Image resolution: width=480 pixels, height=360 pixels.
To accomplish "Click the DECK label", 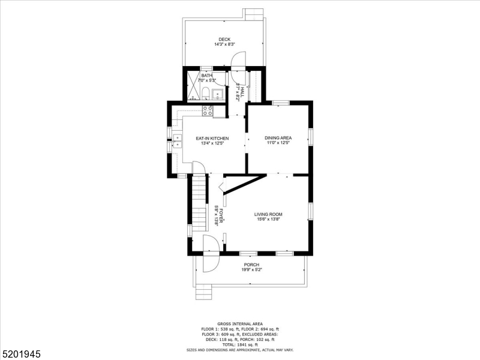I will coord(224,40).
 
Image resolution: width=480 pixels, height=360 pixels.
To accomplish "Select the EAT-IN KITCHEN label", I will coord(212,139).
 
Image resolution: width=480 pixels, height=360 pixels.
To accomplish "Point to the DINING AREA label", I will coord(277,138).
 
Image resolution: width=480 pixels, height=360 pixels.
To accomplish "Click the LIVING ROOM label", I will coord(268,214).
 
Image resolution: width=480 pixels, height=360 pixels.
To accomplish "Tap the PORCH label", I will coord(251,265).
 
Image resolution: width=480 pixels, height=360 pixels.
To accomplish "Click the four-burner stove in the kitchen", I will coord(208,110).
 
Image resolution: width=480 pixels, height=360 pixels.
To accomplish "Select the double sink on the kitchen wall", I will coord(178,141).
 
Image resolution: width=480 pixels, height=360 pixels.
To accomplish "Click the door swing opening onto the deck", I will coord(238,60).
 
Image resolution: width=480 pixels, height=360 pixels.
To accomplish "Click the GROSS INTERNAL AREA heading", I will coord(240,323).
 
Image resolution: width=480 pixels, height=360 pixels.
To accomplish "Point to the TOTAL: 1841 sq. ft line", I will coord(240,344).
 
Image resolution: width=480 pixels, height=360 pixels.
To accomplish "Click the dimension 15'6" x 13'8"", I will coord(268,219).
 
